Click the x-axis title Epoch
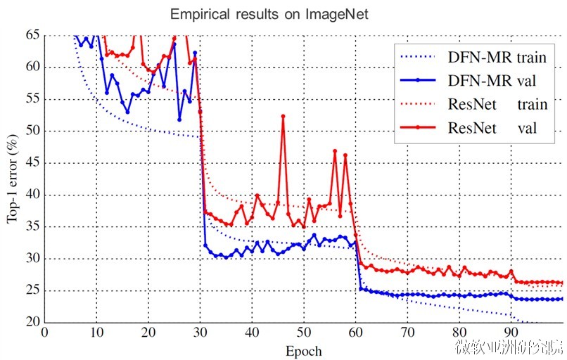[304, 350]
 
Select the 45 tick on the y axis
[32, 163]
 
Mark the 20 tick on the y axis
[32, 323]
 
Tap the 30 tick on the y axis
[32, 259]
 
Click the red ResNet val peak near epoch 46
[283, 116]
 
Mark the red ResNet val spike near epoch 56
[335, 150]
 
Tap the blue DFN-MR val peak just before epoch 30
[195, 53]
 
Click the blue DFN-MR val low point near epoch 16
[127, 112]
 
